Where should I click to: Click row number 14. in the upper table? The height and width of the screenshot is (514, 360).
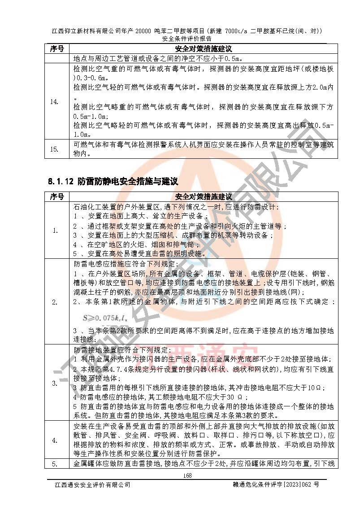point(54,102)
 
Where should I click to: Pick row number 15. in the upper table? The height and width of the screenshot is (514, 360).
point(54,149)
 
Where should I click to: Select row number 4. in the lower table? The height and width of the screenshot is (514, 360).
point(54,440)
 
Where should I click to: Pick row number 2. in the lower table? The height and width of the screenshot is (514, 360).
point(54,302)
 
